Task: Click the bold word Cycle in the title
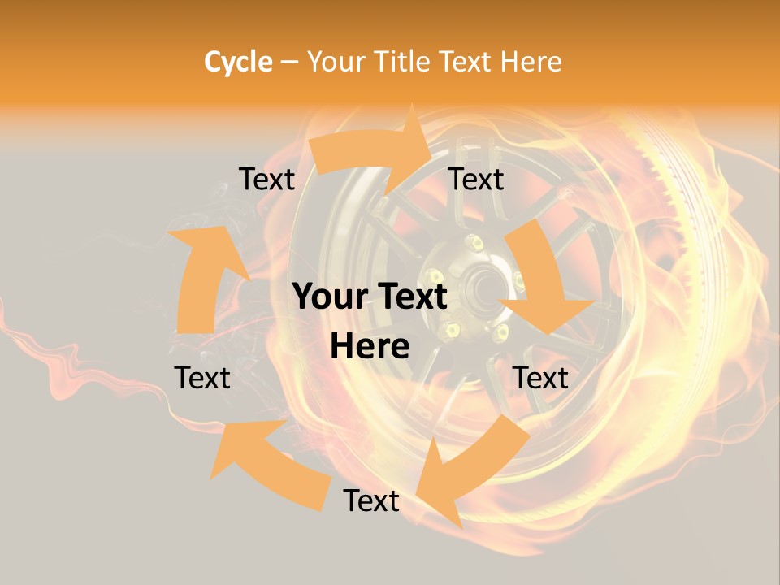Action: tap(238, 62)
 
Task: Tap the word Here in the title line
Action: tap(531, 62)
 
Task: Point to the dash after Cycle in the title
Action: tap(289, 63)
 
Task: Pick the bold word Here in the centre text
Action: tap(370, 347)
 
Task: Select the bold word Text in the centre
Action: tap(409, 297)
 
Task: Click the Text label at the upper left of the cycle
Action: tap(266, 179)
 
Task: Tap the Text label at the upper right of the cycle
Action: tap(476, 179)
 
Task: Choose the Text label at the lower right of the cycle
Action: tap(540, 378)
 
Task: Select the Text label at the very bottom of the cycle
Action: tap(371, 500)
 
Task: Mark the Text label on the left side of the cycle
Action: tap(202, 378)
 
